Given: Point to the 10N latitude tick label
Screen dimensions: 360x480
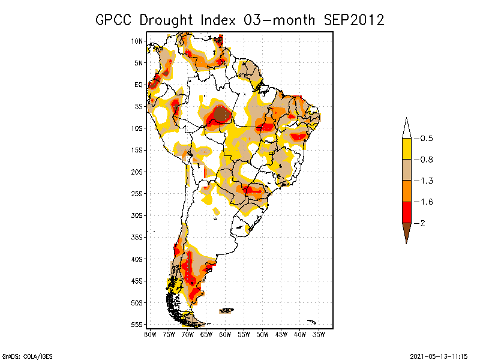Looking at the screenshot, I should pyautogui.click(x=137, y=41).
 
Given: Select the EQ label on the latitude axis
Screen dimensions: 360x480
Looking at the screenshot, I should pyautogui.click(x=139, y=85).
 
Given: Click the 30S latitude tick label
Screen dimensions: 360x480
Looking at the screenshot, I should pyautogui.click(x=137, y=215).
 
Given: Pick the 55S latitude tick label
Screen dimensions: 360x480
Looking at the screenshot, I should pyautogui.click(x=137, y=325).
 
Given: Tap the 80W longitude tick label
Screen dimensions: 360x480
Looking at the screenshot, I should pyautogui.click(x=149, y=334).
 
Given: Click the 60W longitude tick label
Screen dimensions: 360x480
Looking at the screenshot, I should pyautogui.click(x=225, y=334).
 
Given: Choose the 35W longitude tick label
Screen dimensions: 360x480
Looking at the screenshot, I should pyautogui.click(x=319, y=334).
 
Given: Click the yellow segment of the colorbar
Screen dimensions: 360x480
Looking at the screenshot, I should pyautogui.click(x=406, y=149).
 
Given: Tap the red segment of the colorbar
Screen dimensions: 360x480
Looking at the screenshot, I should pyautogui.click(x=406, y=212).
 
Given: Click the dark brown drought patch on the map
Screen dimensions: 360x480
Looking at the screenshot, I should pyautogui.click(x=222, y=113).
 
